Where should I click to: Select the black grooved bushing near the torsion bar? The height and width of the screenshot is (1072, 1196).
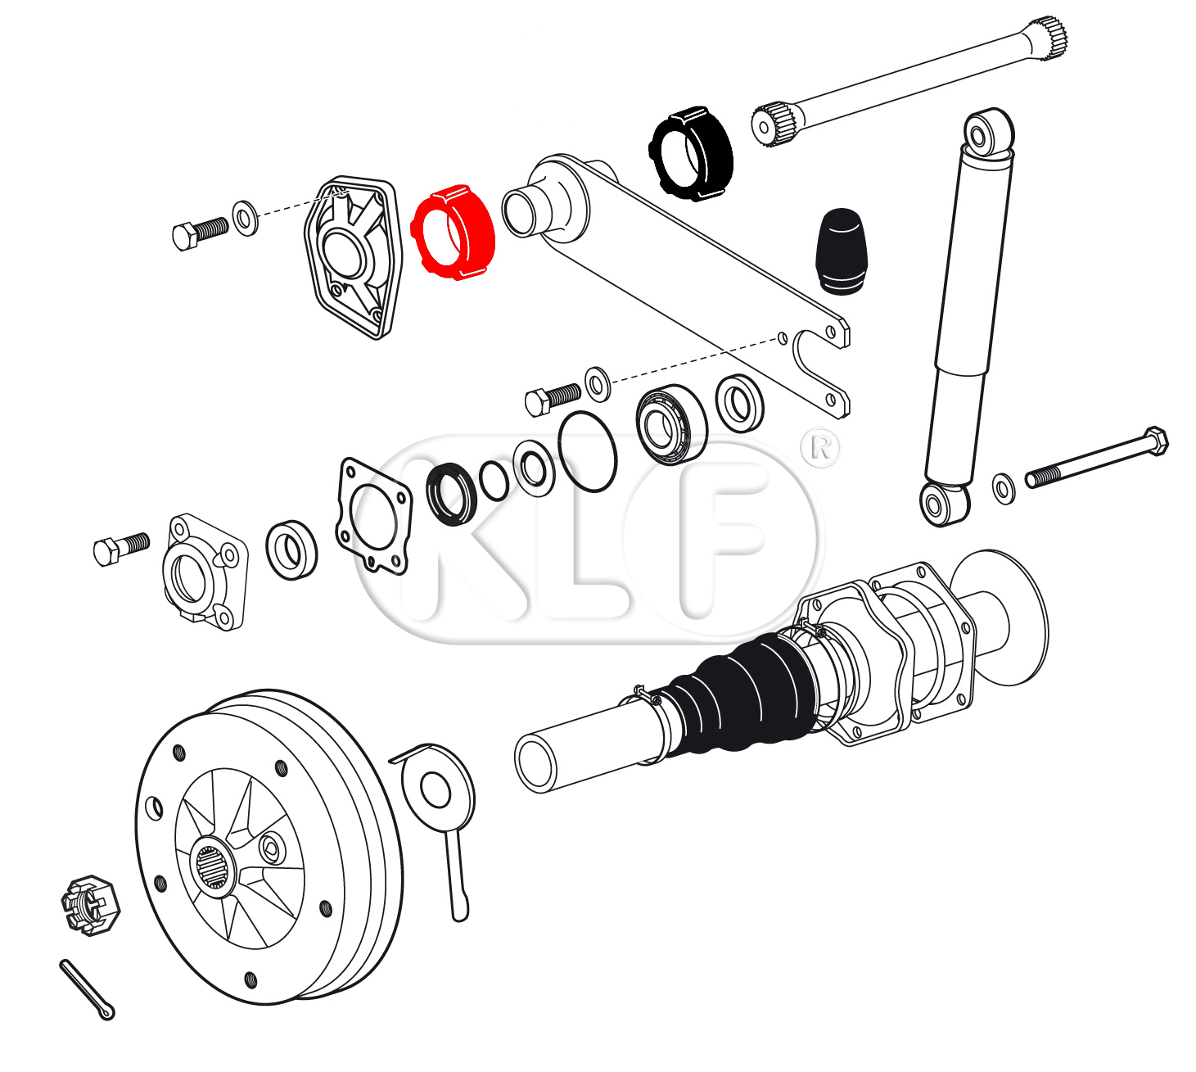pos(692,154)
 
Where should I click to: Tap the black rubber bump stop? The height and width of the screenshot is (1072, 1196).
pos(840,251)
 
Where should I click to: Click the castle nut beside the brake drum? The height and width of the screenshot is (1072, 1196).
pos(90,904)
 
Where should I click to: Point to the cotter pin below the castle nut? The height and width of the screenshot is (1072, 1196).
pos(87,990)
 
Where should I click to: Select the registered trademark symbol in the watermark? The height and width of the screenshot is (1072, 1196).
pos(820,447)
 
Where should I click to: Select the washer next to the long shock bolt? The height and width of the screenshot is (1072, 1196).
pos(1004,488)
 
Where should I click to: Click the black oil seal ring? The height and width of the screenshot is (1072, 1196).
pos(451,494)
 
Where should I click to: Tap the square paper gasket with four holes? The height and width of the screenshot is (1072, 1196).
pos(374,516)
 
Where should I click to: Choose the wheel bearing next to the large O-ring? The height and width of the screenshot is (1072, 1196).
pos(670,424)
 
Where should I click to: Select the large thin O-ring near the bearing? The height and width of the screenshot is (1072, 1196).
pos(587,451)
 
